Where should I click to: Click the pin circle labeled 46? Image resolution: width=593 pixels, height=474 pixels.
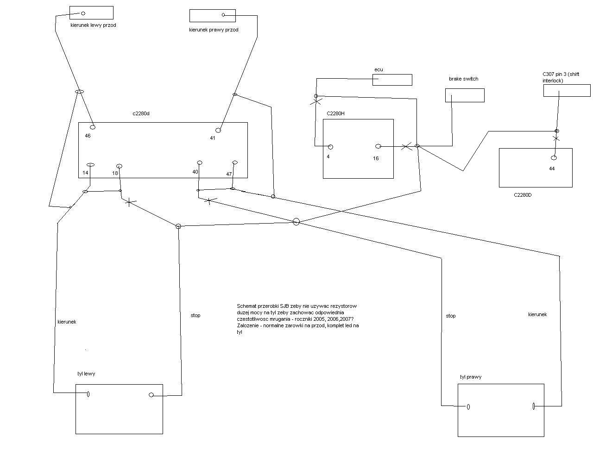coord(93,127)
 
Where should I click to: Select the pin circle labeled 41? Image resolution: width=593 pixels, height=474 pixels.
coord(218,130)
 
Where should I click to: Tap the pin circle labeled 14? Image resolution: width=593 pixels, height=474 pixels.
coord(90,165)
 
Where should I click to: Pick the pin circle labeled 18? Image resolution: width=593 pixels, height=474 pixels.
coord(120,166)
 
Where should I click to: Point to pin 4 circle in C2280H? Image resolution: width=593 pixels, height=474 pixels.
coord(330,147)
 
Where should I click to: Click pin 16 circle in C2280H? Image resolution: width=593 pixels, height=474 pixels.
coord(378,146)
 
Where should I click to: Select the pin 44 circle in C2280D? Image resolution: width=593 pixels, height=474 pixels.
coord(554,158)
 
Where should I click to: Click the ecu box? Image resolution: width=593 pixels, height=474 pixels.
coord(392,80)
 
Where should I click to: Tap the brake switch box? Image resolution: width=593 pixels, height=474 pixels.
coord(465,95)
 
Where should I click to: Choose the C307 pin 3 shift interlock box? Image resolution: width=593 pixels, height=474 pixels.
coord(567,90)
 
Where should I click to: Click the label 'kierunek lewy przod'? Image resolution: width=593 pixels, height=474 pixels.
coord(93,25)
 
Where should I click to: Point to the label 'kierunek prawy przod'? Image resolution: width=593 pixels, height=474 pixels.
coord(214,30)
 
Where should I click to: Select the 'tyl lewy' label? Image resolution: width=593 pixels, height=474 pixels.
coord(86,374)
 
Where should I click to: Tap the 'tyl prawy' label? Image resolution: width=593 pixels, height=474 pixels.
coord(470,377)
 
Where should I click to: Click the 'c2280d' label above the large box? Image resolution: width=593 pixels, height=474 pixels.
coord(141,113)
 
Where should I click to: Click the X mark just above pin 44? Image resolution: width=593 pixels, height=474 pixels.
coord(556,138)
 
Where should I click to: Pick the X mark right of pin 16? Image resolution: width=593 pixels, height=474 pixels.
coord(406,147)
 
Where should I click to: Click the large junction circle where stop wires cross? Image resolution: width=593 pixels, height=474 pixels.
coord(296,222)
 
